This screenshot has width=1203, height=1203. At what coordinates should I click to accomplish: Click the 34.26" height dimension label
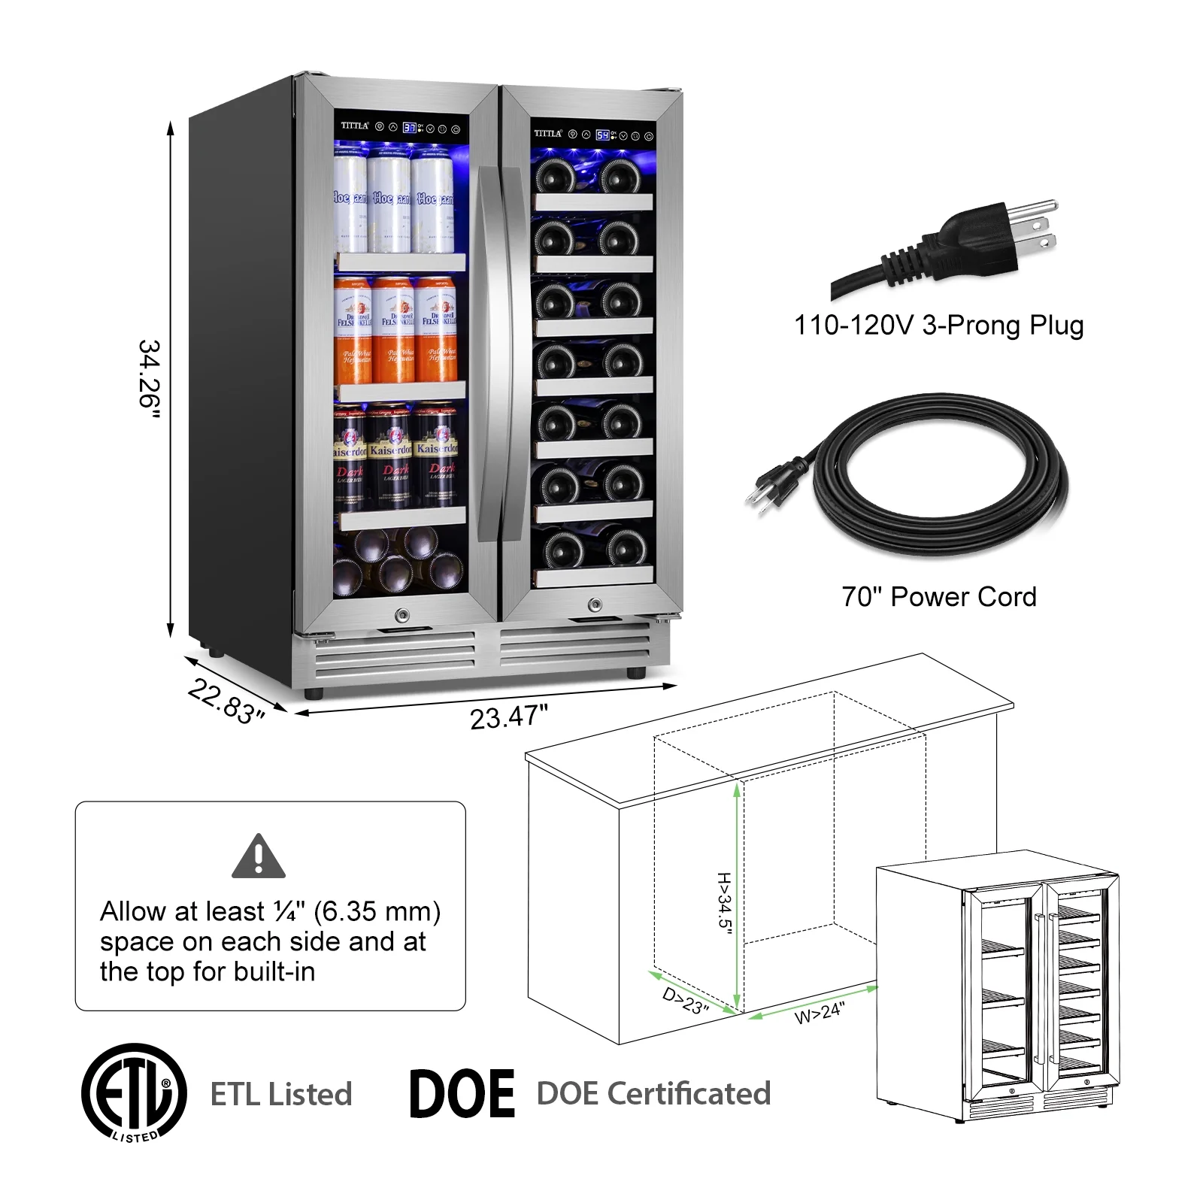[x=150, y=378]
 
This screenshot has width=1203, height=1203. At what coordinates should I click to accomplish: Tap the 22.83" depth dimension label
[x=226, y=701]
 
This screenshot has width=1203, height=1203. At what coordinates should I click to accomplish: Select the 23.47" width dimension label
[x=509, y=717]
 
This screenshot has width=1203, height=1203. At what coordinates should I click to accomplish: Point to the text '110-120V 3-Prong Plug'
[x=938, y=326]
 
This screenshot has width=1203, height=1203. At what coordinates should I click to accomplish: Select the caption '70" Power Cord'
[x=938, y=597]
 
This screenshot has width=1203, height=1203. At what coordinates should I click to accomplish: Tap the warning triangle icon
[x=259, y=856]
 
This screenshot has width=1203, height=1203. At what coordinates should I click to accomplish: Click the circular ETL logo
[x=134, y=1092]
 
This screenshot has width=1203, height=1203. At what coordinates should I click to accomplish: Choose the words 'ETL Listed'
[x=281, y=1094]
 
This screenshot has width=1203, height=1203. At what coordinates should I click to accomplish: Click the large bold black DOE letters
[x=462, y=1094]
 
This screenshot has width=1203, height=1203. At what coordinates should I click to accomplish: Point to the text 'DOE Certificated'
[x=653, y=1094]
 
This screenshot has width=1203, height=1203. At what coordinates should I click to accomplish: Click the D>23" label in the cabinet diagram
[x=685, y=1001]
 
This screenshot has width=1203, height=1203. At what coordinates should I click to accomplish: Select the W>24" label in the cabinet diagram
[x=820, y=1012]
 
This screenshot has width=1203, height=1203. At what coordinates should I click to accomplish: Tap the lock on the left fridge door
[x=402, y=616]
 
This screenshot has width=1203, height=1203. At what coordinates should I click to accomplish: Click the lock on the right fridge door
[x=595, y=605]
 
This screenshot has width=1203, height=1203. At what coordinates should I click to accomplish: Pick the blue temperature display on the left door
[x=409, y=128]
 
